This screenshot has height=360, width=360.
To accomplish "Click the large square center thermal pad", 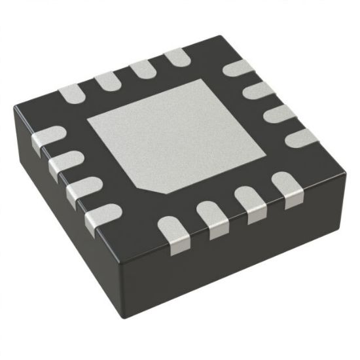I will click(177, 134).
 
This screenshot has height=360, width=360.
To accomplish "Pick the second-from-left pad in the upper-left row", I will click(106, 82).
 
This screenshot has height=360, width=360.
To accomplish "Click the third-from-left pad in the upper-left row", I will click(141, 70).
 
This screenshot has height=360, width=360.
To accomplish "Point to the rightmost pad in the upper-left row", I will click(175, 59).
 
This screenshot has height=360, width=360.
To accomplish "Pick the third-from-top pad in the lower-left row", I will click(82, 190).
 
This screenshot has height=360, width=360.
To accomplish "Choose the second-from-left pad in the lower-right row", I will click(213, 219).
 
